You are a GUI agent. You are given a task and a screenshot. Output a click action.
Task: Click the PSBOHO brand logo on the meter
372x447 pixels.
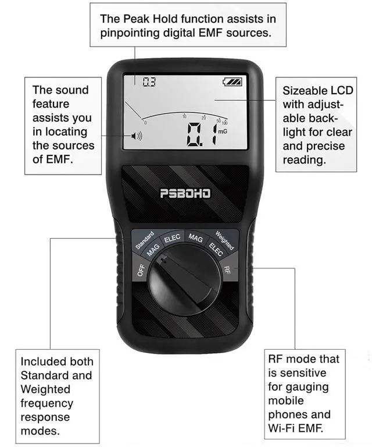185,193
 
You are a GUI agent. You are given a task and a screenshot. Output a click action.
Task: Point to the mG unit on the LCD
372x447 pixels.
222,132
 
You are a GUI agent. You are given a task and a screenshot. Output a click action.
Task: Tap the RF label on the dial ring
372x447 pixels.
228,269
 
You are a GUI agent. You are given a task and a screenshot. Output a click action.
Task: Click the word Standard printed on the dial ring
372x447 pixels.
145,240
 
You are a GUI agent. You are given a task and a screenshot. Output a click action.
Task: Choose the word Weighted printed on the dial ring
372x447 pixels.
225,240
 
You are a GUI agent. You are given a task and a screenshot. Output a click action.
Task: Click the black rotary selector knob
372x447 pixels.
184,282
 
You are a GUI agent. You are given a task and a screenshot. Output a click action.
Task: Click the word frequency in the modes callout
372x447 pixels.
47,403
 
